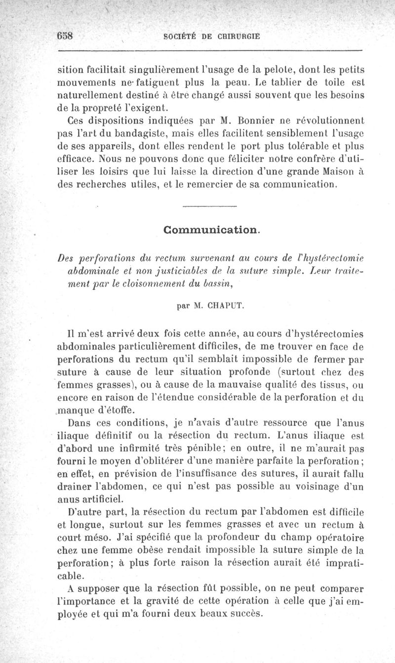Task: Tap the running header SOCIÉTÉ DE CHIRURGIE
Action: point(211,36)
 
